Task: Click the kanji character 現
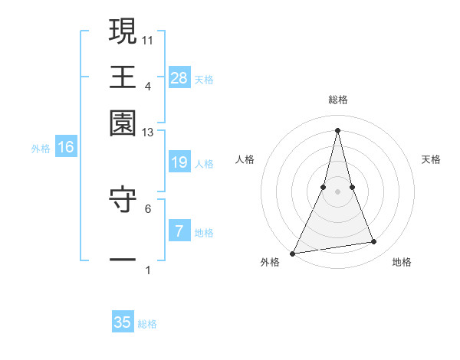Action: click(123, 31)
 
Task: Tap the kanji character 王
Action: click(123, 77)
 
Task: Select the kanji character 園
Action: click(123, 123)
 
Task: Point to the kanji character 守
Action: click(123, 203)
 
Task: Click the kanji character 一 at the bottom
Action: click(123, 260)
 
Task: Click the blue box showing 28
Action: click(179, 77)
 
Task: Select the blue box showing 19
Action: click(179, 162)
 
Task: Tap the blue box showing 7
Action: click(179, 231)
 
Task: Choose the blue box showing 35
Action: click(123, 322)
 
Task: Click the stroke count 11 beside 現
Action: click(148, 39)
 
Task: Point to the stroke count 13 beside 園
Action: click(148, 133)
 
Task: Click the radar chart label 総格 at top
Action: click(338, 100)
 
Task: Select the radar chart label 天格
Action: click(432, 159)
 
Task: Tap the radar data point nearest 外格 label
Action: click(293, 254)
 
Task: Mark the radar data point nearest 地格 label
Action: click(374, 242)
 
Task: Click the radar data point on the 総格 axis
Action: click(338, 129)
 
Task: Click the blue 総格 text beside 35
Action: click(147, 324)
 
